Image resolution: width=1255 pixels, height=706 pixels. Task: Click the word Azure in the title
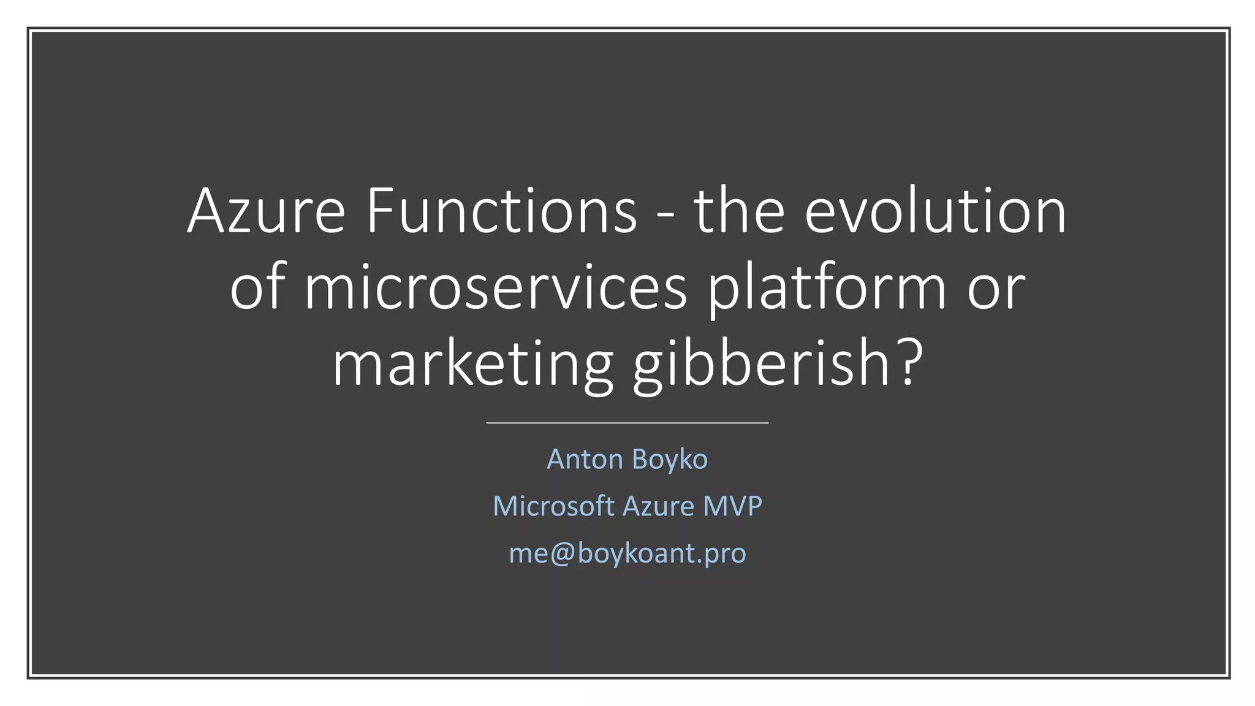(267, 211)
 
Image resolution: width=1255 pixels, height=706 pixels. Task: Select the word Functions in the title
(502, 211)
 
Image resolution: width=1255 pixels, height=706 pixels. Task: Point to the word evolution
(936, 211)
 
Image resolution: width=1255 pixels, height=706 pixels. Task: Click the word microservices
(496, 288)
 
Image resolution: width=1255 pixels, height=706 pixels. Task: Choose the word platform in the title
(827, 288)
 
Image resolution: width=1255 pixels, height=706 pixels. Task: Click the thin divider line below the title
(627, 423)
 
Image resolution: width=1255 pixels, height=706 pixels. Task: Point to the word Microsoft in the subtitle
(553, 506)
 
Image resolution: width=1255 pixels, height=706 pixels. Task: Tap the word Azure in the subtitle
(658, 506)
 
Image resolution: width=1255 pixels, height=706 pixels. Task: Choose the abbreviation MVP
(732, 506)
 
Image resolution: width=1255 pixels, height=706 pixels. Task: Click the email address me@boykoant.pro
(627, 553)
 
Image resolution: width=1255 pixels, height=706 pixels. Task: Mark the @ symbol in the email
(563, 553)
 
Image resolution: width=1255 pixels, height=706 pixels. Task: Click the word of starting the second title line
(257, 288)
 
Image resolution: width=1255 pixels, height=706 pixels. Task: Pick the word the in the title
(739, 211)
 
